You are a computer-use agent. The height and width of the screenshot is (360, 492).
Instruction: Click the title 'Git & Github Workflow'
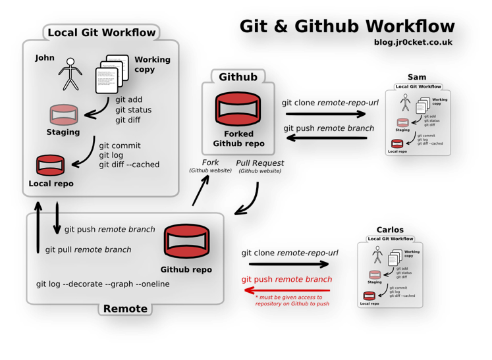coord(346,26)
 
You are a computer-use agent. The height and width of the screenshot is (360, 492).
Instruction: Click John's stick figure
coord(68,74)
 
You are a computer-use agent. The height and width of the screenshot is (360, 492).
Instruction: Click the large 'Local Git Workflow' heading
coord(101,32)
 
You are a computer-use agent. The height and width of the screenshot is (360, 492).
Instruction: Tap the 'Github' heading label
coord(238,76)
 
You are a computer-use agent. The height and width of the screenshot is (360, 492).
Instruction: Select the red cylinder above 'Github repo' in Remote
coord(186,242)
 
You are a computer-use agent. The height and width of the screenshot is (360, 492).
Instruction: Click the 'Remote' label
coord(125,309)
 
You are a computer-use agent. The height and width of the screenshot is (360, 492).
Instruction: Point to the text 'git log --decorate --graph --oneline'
coord(103,284)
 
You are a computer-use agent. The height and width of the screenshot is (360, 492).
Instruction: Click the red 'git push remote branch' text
coord(287,280)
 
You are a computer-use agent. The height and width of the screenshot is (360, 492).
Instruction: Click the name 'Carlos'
coord(390,230)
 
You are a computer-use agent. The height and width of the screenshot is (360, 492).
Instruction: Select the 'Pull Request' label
coord(260,163)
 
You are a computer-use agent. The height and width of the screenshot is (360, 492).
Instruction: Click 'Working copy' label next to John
coord(152,64)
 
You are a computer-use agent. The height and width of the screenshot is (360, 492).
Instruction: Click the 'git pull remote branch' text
coord(88,250)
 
